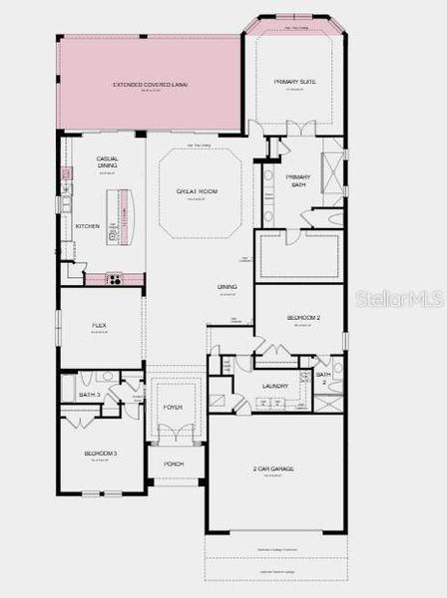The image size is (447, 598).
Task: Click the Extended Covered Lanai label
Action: coord(150,85)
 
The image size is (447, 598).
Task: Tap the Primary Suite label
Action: coord(294,83)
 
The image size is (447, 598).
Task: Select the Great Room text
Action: coord(197,191)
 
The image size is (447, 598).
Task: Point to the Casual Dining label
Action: coord(108,162)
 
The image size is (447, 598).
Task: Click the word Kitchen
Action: coord(88,226)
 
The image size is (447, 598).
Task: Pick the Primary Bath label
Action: coord(298,180)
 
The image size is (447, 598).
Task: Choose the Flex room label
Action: coord(100,326)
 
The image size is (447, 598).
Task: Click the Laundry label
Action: coord(275,386)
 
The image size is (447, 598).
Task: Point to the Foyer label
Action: coord(174,408)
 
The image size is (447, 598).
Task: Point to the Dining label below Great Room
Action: coord(227,287)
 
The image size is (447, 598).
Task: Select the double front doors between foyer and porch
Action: coord(174,436)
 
